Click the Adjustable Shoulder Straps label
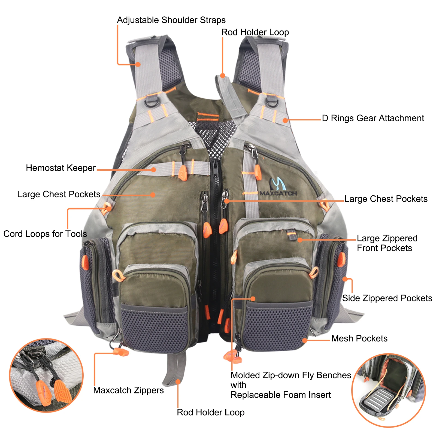171,20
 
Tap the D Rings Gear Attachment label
373,118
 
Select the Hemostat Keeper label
61,168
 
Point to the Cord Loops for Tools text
45,234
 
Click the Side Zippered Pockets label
387,298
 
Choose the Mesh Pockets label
359,338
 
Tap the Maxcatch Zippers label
128,390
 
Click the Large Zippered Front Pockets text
387,243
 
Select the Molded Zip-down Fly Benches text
290,375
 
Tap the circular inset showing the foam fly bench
388,390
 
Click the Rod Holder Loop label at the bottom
211,412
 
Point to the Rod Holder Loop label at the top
255,32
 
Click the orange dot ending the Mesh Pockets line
305,340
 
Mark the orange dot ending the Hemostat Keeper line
154,170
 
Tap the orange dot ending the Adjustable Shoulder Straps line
138,65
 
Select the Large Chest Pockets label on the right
386,199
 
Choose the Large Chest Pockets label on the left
59,194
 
